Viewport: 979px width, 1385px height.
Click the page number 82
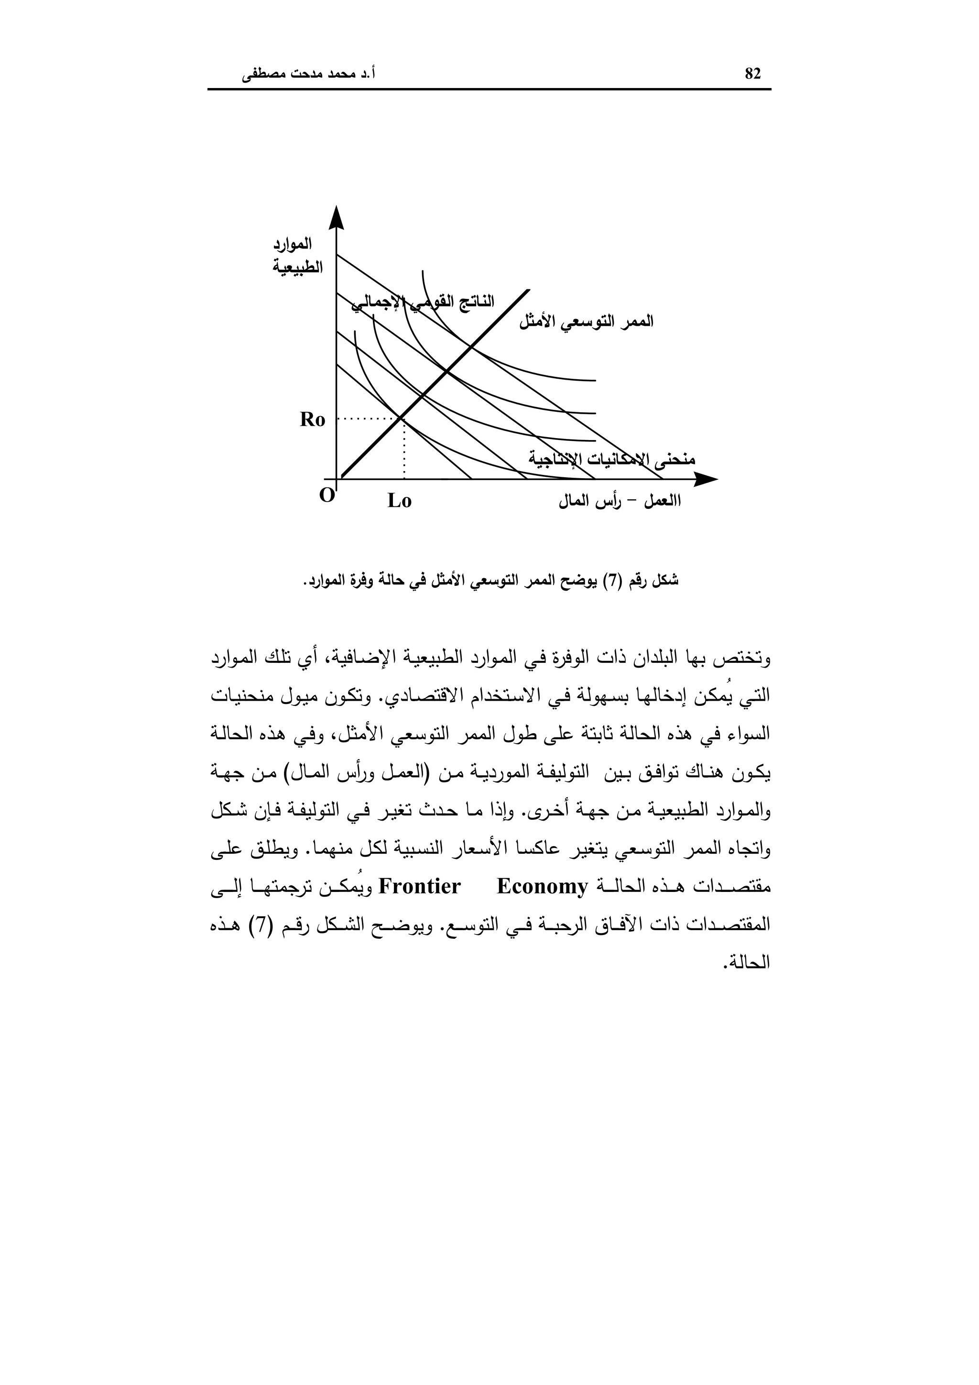pyautogui.click(x=753, y=74)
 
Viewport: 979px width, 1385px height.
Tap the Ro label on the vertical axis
pyautogui.click(x=312, y=420)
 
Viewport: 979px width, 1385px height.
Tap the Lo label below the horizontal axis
pyautogui.click(x=399, y=501)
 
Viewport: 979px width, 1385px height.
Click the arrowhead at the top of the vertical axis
pyautogui.click(x=337, y=217)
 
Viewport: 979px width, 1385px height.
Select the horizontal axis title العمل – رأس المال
pyautogui.click(x=620, y=501)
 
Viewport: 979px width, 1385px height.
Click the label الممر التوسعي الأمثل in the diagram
pyautogui.click(x=586, y=321)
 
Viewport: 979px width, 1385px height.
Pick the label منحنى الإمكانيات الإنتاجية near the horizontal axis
pyautogui.click(x=612, y=459)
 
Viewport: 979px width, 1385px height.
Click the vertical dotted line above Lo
pyautogui.click(x=403, y=450)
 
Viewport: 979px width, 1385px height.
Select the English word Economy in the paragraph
pyautogui.click(x=542, y=887)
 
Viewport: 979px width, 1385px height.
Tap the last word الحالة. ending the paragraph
pyautogui.click(x=753, y=963)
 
